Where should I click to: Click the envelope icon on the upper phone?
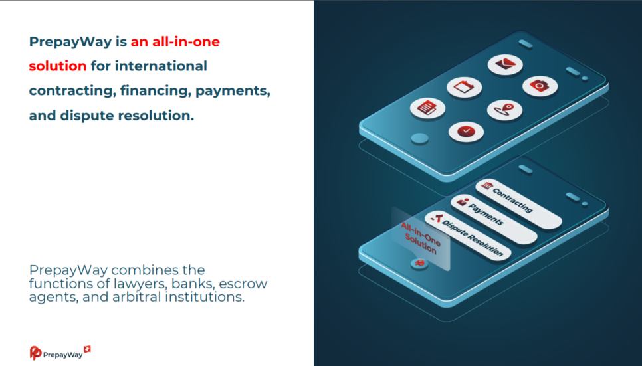click(x=505, y=64)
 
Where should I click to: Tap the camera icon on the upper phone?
click(x=540, y=86)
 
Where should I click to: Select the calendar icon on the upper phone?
click(x=464, y=87)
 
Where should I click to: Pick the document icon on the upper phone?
click(x=427, y=108)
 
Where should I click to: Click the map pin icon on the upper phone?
click(x=504, y=110)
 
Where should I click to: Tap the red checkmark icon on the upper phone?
click(x=466, y=131)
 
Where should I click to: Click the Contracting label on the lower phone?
click(x=513, y=200)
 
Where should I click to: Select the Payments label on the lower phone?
click(x=486, y=214)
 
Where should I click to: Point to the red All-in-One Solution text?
click(x=421, y=238)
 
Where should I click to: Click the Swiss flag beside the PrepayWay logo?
click(x=87, y=349)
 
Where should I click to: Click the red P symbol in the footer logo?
click(x=35, y=353)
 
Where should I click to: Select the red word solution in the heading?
click(x=58, y=66)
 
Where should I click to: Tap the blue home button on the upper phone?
click(x=419, y=139)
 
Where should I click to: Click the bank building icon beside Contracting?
click(x=486, y=185)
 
